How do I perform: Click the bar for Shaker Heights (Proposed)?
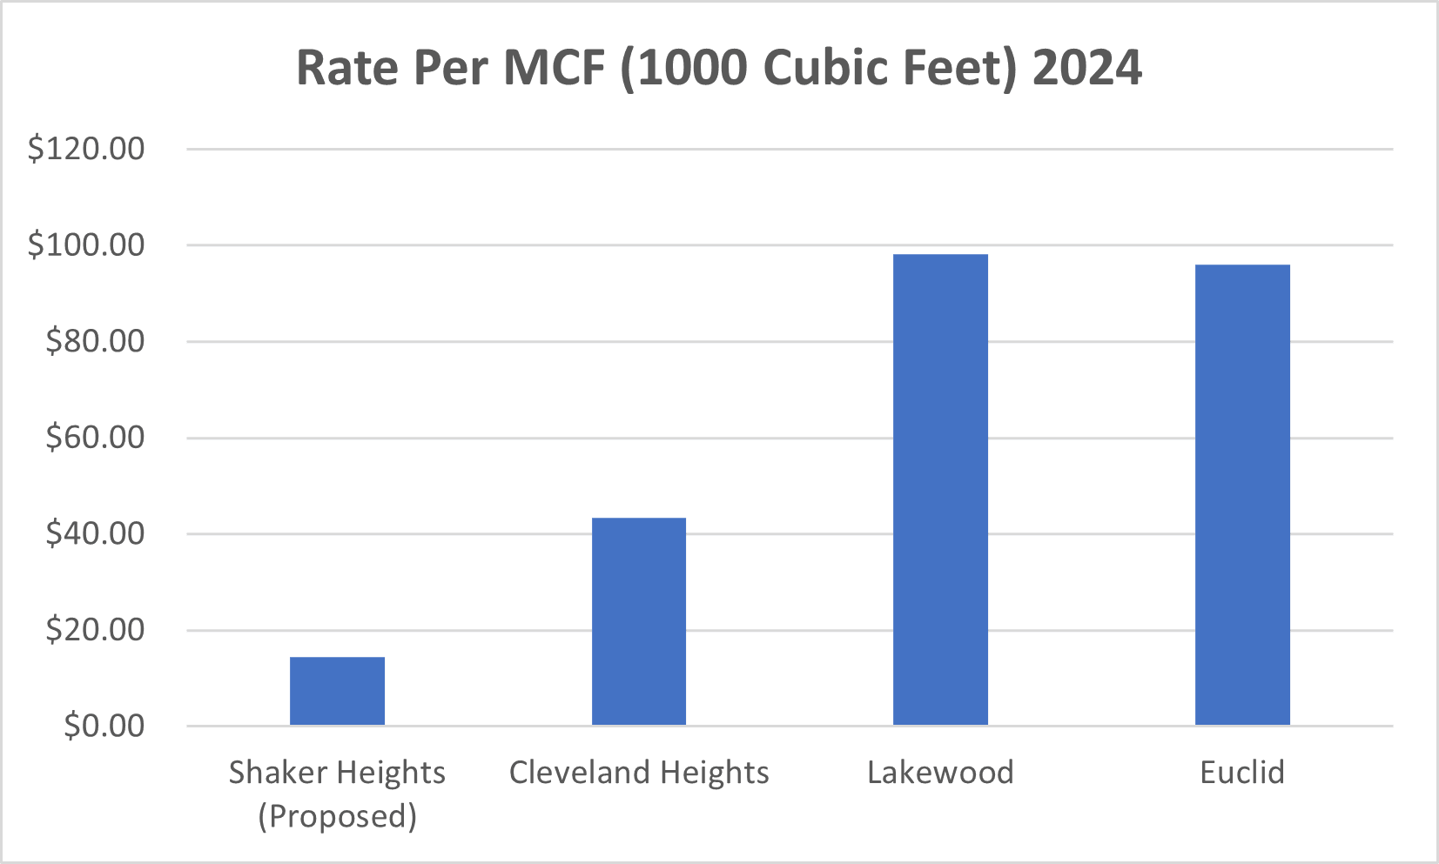point(337,691)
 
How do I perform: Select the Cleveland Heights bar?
point(639,621)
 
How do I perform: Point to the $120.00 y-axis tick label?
point(86,149)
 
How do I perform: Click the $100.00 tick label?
point(86,245)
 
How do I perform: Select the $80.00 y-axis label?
point(95,341)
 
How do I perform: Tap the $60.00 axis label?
point(95,437)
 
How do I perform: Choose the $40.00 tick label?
point(95,533)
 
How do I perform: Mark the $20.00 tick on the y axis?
point(95,629)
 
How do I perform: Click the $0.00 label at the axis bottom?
point(104,726)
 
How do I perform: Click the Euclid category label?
point(1242,773)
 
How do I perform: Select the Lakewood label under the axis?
point(940,773)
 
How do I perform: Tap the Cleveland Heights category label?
point(639,773)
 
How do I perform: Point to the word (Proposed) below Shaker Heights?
point(337,816)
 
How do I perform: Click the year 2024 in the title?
point(1086,68)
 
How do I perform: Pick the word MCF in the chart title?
point(554,68)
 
